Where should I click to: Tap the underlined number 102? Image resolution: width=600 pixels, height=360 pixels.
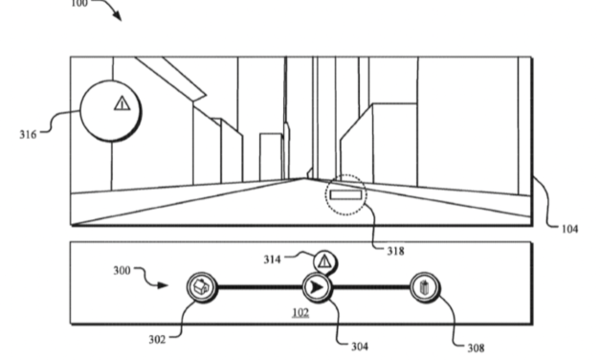301,313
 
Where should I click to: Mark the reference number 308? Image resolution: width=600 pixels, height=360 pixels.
476,348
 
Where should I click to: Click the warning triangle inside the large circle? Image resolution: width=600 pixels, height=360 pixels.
121,102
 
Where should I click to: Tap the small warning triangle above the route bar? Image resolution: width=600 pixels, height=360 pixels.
324,259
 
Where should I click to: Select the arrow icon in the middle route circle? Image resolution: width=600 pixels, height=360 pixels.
317,286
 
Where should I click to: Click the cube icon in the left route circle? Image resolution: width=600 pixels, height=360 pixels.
201,285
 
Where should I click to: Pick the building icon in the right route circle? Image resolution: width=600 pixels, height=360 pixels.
425,286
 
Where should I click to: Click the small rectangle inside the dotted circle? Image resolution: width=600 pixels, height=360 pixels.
346,195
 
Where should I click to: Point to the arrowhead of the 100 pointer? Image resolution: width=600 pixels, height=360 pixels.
120,19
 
